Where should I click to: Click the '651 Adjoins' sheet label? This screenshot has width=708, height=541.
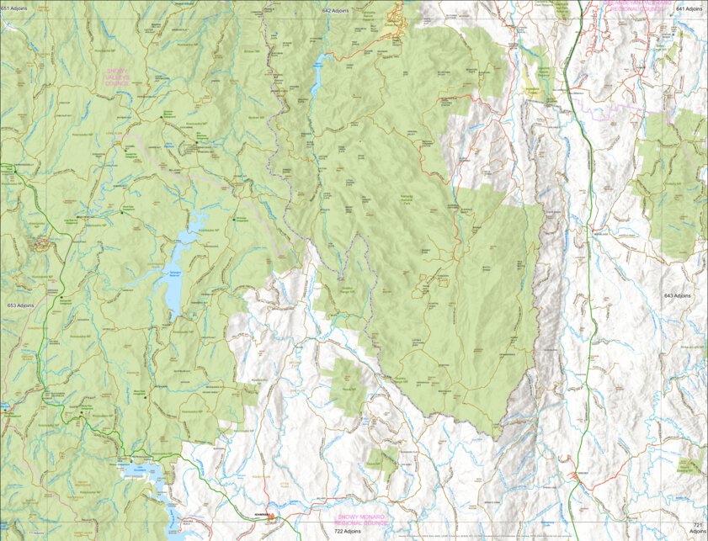tap(15, 7)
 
